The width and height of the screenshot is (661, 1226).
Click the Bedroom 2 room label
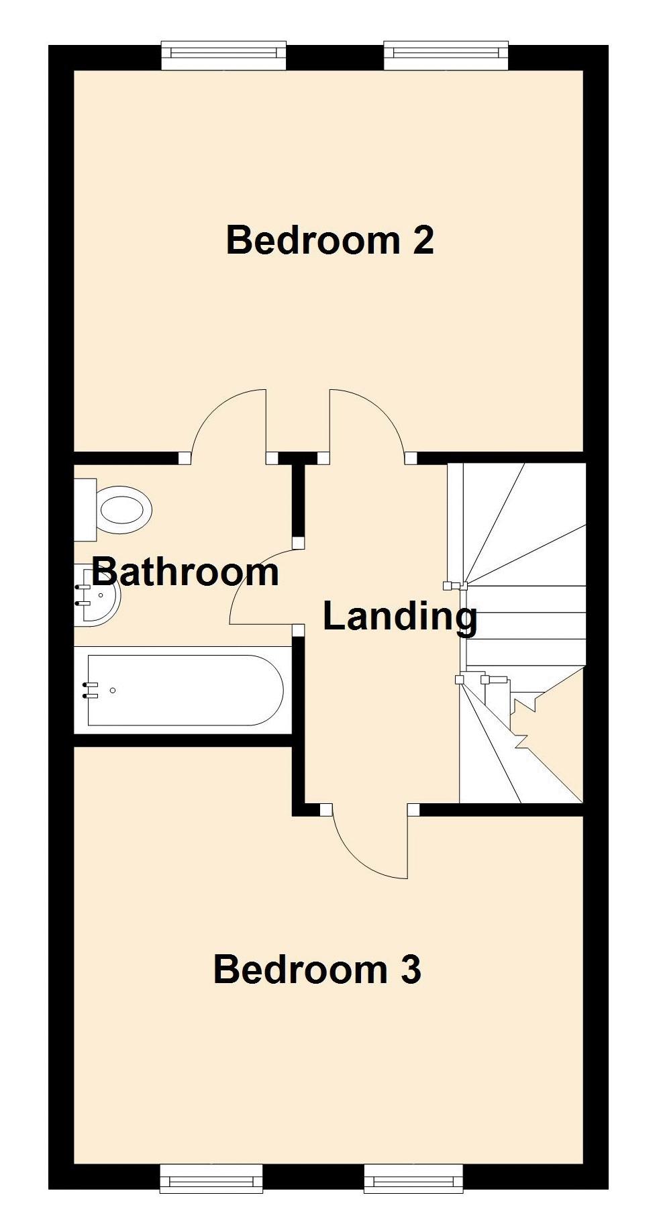coord(329,240)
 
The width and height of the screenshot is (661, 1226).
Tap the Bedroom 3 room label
coord(317,970)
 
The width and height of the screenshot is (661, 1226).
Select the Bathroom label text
coord(185,572)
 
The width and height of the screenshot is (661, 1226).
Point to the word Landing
coord(400,616)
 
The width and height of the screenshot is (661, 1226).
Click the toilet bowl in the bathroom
coord(125,509)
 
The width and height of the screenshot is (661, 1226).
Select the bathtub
coord(185,690)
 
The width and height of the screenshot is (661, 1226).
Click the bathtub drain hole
coord(113,690)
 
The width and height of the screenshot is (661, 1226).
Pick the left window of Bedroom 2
coord(224,55)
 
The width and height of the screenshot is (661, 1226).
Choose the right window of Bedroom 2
coord(446,55)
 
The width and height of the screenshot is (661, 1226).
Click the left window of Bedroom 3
coord(211,1178)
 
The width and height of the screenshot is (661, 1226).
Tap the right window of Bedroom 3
coord(413,1178)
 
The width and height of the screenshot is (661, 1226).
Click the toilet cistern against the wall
coord(85,509)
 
